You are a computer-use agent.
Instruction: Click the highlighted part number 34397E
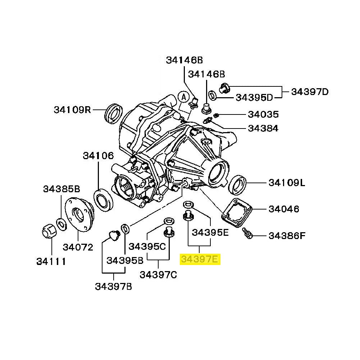[x=200, y=260]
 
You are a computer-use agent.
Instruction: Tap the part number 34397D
[x=310, y=92]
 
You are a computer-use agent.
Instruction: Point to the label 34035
[x=263, y=114]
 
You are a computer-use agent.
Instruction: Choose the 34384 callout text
[x=263, y=128]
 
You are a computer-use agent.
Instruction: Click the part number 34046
[x=284, y=209]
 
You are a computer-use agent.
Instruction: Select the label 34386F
[x=287, y=236]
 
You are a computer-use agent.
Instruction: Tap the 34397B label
[x=114, y=287]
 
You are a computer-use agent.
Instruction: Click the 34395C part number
[x=147, y=247]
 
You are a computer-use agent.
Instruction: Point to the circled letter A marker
[x=184, y=97]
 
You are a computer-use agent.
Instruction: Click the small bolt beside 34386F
[x=248, y=233]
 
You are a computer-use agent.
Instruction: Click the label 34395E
[x=210, y=233]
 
